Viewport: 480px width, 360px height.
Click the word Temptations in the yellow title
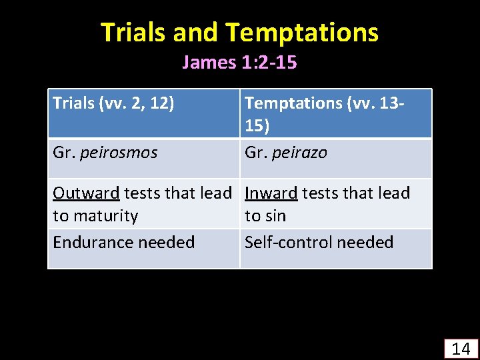[x=301, y=32]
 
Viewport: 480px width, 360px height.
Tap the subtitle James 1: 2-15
[x=239, y=63]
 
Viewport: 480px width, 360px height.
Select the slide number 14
[x=461, y=348]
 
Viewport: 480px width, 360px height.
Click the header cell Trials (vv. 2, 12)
[x=113, y=103]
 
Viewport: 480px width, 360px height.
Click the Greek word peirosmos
[x=119, y=153]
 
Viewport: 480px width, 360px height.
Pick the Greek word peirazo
[x=299, y=153]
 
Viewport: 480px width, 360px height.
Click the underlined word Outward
[x=86, y=193]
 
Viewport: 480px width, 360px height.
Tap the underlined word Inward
[x=271, y=193]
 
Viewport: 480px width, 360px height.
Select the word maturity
[x=105, y=216]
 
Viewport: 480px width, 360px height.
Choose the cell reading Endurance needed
[x=123, y=242]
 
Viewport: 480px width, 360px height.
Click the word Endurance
[x=94, y=242]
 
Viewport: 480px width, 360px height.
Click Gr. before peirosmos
[x=64, y=153]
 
